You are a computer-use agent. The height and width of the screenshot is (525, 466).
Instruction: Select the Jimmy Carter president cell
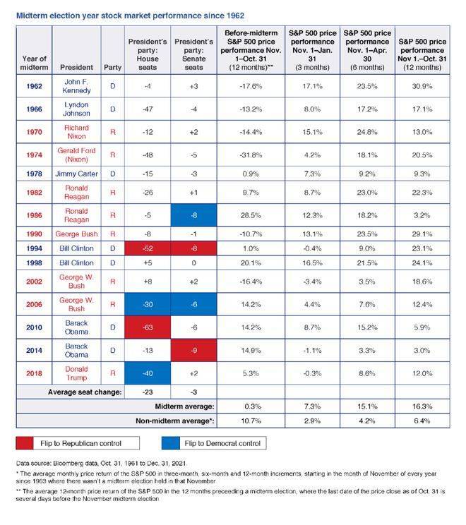pyautogui.click(x=76, y=174)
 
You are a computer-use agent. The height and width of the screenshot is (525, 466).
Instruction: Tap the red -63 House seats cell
pyautogui.click(x=148, y=328)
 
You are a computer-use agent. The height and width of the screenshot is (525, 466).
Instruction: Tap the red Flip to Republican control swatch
pyautogui.click(x=26, y=443)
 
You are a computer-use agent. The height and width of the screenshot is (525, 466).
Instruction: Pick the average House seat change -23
pyautogui.click(x=148, y=391)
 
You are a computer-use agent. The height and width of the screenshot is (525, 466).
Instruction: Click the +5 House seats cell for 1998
pyautogui.click(x=148, y=262)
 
